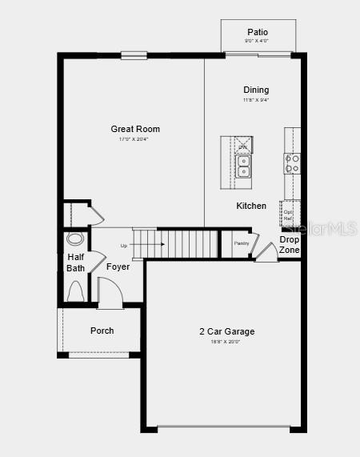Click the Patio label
(x=257, y=32)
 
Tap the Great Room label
(x=135, y=129)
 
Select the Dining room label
(x=256, y=90)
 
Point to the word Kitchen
(x=251, y=206)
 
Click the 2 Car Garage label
(x=227, y=331)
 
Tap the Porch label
(x=102, y=331)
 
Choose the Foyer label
(x=118, y=267)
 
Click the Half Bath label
(x=75, y=263)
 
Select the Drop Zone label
(x=290, y=245)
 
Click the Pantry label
(x=242, y=243)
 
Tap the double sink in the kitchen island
(x=242, y=166)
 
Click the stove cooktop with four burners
(x=292, y=163)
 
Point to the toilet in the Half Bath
(x=76, y=293)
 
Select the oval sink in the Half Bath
(x=75, y=239)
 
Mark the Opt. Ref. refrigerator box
(x=289, y=214)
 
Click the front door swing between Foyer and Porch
(x=110, y=293)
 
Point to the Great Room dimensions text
(x=134, y=139)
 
